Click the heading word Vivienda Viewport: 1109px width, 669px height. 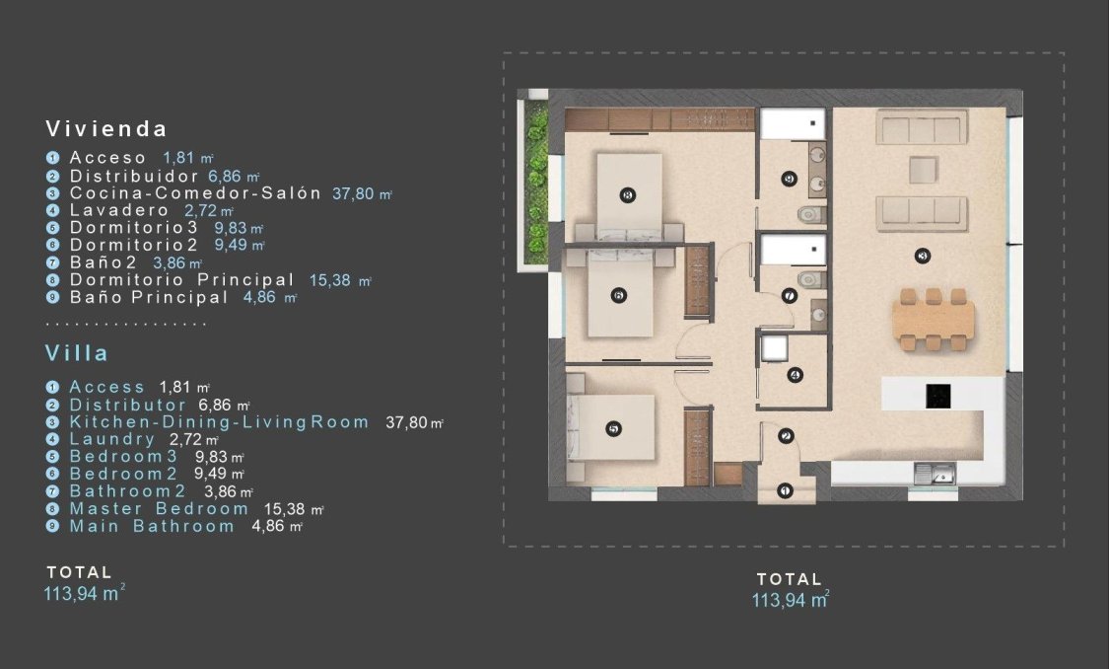(106, 128)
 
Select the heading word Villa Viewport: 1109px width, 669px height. (77, 352)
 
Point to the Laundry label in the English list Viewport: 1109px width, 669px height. (111, 439)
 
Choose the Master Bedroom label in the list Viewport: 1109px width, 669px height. (159, 508)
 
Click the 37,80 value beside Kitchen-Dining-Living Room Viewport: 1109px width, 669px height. (407, 422)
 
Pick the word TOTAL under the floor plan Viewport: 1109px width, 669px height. (789, 579)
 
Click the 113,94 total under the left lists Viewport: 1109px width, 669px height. (80, 593)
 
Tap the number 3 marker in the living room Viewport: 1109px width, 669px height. (923, 257)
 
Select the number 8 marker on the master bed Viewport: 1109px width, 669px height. (629, 195)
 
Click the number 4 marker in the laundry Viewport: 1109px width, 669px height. (795, 374)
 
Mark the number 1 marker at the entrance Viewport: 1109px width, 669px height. (785, 489)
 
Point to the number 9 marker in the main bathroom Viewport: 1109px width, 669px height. (788, 179)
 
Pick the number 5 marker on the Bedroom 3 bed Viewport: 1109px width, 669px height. (613, 429)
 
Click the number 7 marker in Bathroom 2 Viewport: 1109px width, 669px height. (789, 295)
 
